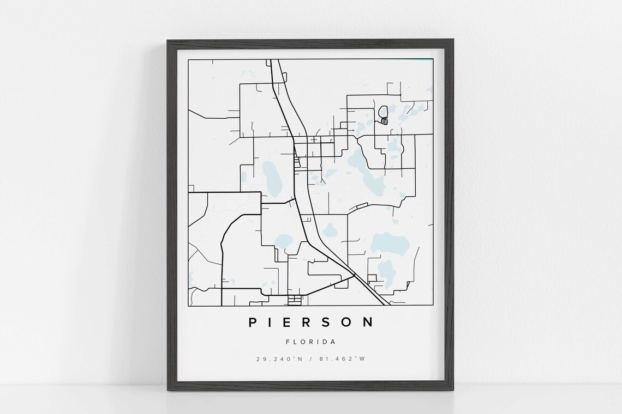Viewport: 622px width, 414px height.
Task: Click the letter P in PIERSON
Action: (x=253, y=322)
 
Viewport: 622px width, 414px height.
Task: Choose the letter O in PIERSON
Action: (x=349, y=322)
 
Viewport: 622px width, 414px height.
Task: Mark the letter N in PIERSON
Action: (x=369, y=322)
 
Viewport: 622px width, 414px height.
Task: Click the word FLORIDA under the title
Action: (x=310, y=342)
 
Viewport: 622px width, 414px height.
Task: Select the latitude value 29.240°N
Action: (x=278, y=358)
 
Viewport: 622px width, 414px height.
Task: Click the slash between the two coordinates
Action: (x=311, y=358)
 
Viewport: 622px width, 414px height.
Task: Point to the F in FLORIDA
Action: (x=288, y=342)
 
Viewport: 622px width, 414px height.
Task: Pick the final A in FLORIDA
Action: (x=333, y=342)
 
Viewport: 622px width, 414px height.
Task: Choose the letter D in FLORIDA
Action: (x=325, y=342)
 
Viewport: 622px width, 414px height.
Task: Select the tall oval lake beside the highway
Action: (x=271, y=179)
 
